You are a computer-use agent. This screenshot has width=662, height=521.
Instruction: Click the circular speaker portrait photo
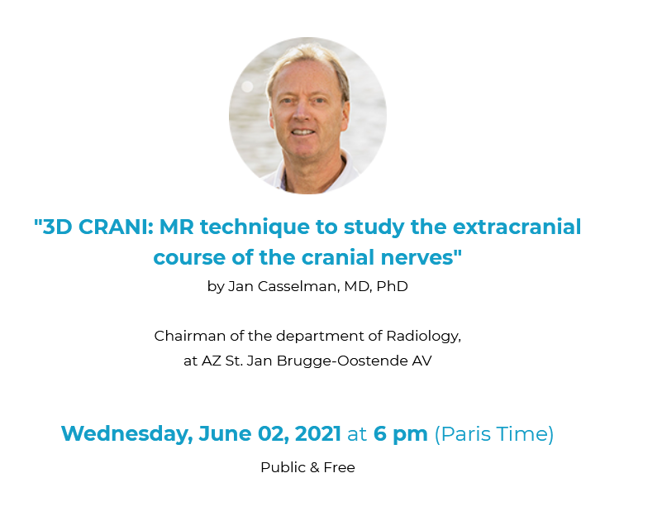click(307, 116)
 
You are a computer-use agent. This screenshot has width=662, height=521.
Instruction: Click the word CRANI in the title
click(114, 227)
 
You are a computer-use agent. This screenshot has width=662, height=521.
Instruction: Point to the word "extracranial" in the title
click(517, 227)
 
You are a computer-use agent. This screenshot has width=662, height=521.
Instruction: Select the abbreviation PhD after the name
click(392, 286)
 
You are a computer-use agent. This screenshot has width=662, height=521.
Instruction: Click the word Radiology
click(423, 337)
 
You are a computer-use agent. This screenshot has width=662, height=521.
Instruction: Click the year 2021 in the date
click(317, 434)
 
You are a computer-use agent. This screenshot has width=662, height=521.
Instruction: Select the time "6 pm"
click(401, 435)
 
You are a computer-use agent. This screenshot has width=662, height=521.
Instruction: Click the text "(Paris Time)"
click(494, 434)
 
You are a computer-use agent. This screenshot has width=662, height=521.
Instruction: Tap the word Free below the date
click(339, 468)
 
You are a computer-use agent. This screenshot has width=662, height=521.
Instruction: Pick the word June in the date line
click(225, 434)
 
